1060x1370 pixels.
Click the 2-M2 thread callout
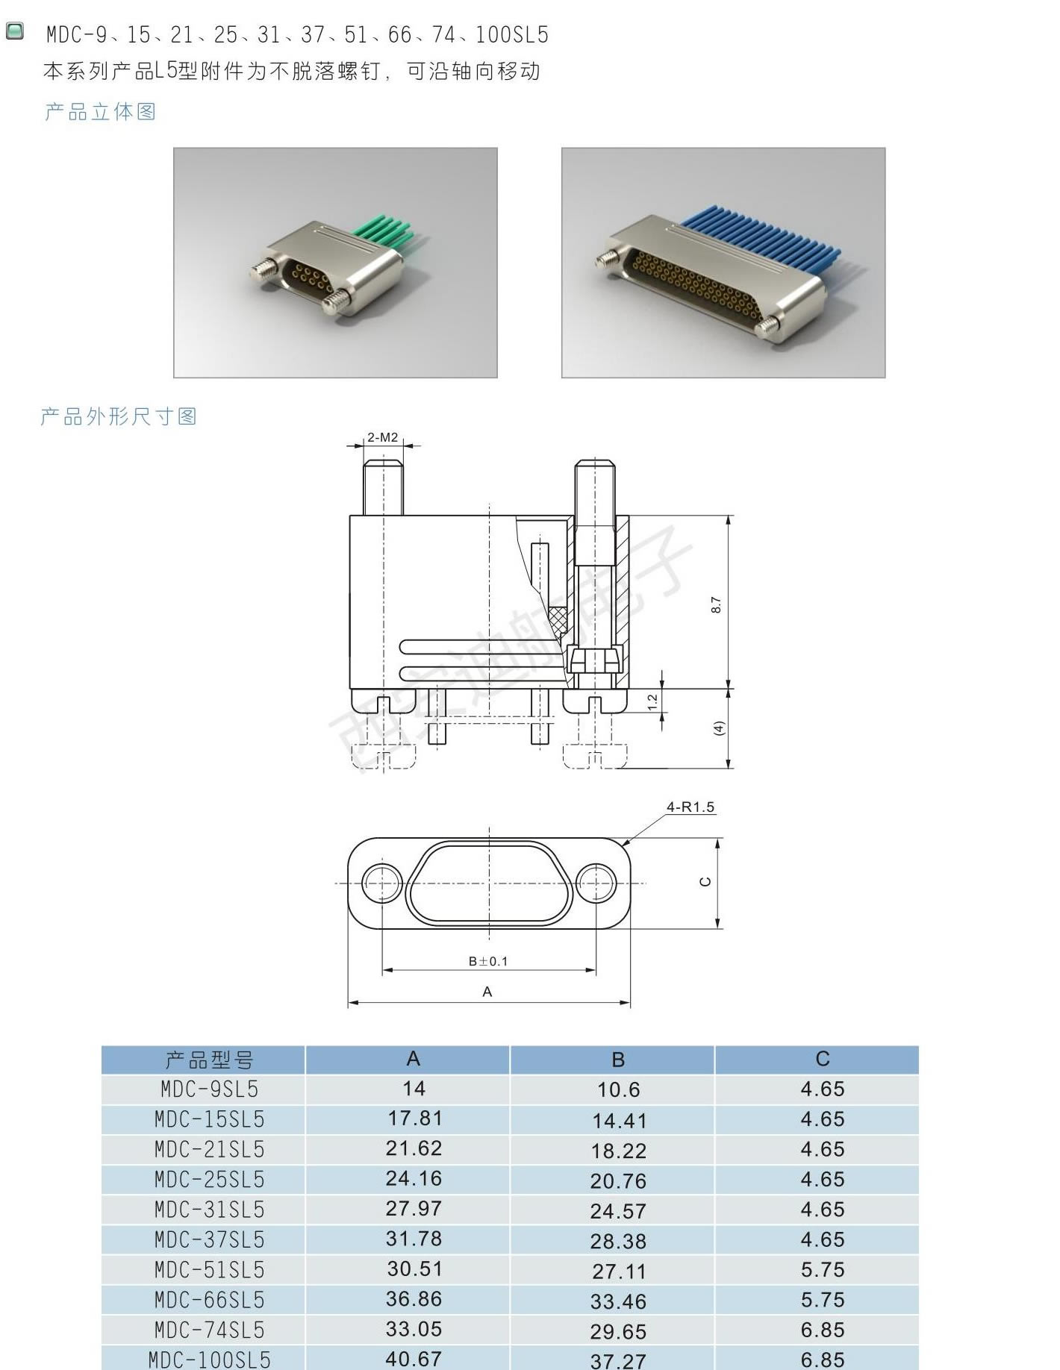tap(382, 437)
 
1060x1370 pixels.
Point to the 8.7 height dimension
tap(716, 605)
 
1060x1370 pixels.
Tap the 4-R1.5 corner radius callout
tap(690, 807)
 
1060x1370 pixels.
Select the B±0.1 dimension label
tap(488, 961)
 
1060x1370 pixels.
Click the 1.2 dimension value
tap(652, 702)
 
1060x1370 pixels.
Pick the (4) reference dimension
tap(719, 728)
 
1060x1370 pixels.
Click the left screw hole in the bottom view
tap(382, 883)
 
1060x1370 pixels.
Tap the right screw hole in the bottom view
tap(596, 883)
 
